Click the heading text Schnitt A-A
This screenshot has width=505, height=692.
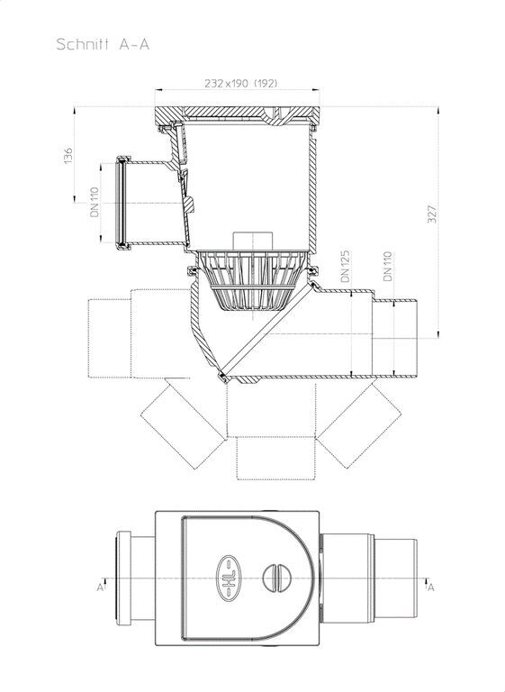coord(103,44)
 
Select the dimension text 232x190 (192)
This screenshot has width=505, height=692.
coord(241,83)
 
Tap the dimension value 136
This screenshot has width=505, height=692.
coord(68,156)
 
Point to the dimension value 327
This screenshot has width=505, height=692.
coord(432,214)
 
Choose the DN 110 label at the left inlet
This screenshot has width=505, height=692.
coord(95,202)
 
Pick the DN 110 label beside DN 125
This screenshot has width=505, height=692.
coord(388,266)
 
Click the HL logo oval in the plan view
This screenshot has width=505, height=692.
coord(230,578)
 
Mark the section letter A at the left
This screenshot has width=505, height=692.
coord(100,587)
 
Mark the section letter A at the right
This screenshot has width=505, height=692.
coord(431,587)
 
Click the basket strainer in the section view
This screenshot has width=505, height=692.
coord(253,280)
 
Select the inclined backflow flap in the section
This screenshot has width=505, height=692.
coord(267,330)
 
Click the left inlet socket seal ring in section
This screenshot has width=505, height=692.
coord(120,202)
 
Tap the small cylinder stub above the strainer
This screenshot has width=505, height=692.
coord(253,241)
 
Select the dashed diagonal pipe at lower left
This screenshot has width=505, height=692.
coord(184,424)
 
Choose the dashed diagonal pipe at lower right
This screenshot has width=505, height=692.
coord(359,424)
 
